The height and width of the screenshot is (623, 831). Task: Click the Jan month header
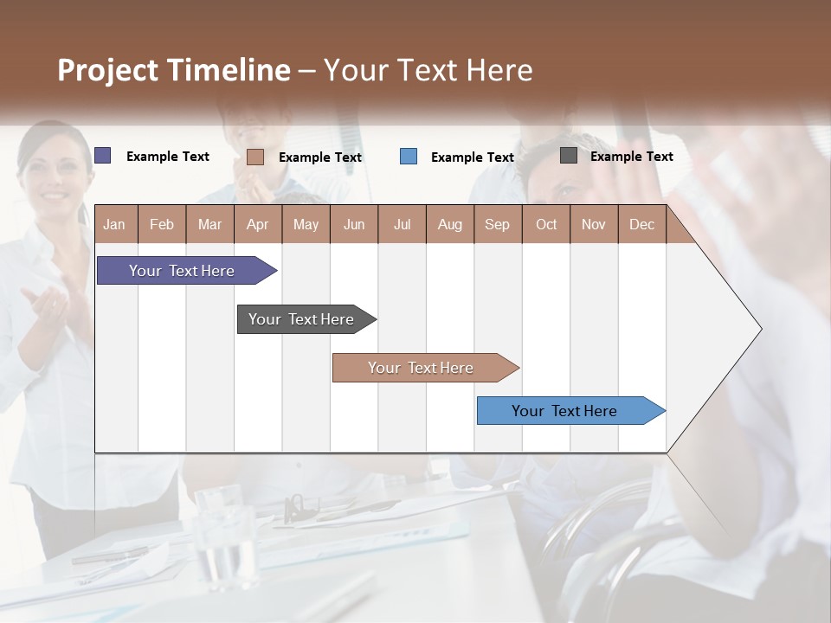(114, 224)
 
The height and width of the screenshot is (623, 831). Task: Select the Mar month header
(209, 224)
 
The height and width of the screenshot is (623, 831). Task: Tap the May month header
(306, 224)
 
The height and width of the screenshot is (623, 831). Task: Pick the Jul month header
(402, 224)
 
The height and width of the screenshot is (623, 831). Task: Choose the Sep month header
(497, 224)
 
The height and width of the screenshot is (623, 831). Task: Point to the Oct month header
(546, 224)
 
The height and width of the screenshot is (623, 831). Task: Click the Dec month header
(641, 224)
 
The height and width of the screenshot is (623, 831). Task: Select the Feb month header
(162, 224)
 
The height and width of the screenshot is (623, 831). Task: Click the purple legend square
(103, 156)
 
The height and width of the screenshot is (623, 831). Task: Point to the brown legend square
(255, 157)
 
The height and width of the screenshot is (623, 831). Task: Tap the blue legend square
(409, 157)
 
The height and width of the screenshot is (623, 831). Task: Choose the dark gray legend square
(569, 156)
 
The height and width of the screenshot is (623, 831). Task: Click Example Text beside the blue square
(472, 157)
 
